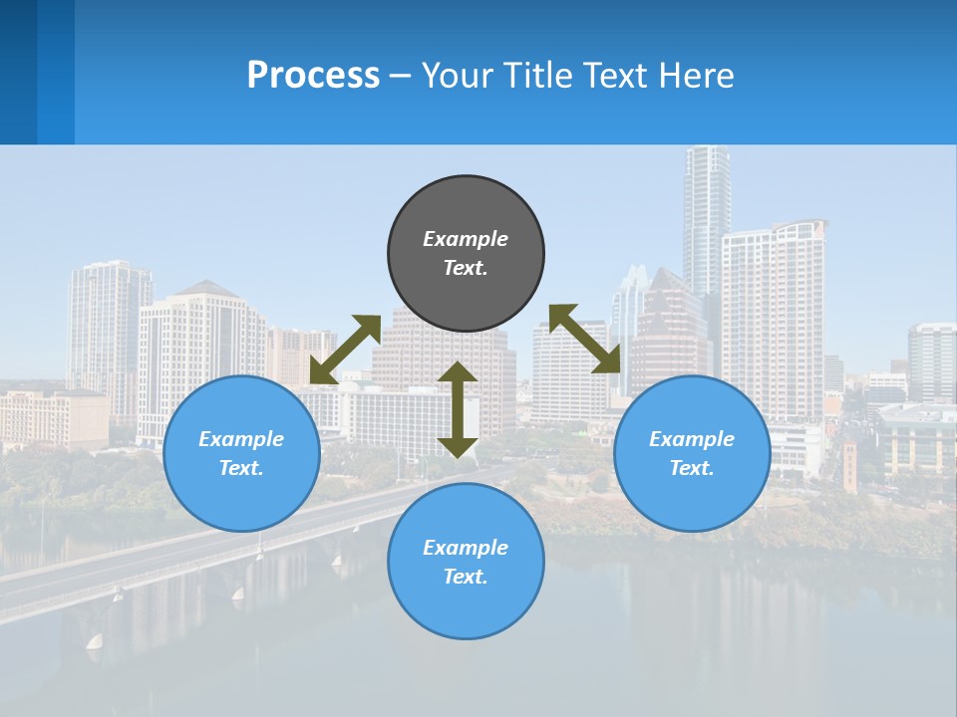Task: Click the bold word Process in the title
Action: (313, 76)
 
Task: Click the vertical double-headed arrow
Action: (458, 410)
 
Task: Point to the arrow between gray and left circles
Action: (346, 350)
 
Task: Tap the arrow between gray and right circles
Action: (585, 339)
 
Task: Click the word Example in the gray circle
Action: (466, 239)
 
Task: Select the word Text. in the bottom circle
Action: (466, 577)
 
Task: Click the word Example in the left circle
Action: (241, 439)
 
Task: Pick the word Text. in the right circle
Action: (692, 468)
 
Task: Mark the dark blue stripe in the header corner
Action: (18, 72)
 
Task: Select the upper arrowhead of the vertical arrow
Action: (458, 372)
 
